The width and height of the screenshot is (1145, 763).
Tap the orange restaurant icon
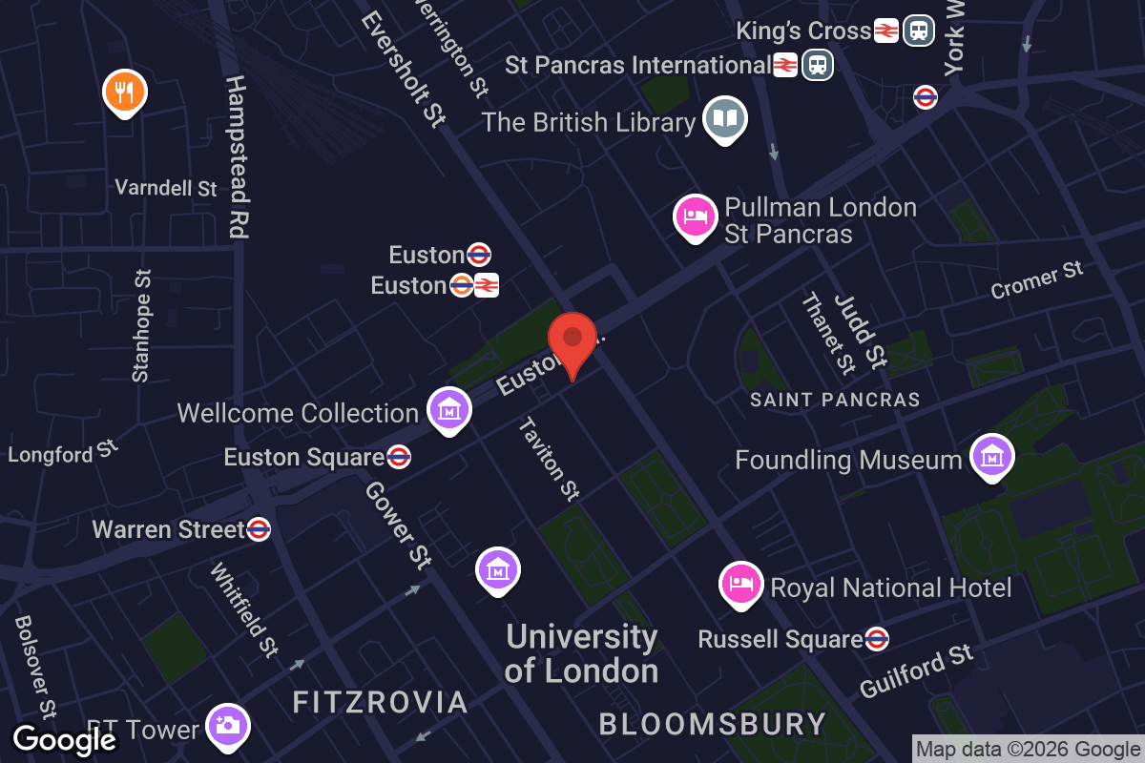point(124,93)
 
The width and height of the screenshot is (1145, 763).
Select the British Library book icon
point(725,120)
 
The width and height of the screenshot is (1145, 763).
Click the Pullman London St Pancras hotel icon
point(696,217)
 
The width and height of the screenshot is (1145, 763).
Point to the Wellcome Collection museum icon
point(448,410)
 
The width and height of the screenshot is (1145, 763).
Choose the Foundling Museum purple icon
point(992,458)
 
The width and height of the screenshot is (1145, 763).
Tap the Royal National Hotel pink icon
point(741,583)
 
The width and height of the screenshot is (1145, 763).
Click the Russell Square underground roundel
point(877,639)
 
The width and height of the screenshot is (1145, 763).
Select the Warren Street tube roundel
point(259,529)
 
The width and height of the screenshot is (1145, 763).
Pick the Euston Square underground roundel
point(400,458)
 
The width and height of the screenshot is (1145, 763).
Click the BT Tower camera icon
point(227,727)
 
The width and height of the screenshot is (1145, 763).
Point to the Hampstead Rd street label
point(238,157)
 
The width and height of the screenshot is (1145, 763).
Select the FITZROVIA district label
point(380,703)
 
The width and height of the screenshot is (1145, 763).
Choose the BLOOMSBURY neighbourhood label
point(712,724)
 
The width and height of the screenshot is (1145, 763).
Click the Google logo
point(65,740)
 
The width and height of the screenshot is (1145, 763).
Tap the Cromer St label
point(1037,279)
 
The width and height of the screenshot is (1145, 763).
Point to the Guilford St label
point(916,671)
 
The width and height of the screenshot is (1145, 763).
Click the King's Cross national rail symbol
point(885,31)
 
